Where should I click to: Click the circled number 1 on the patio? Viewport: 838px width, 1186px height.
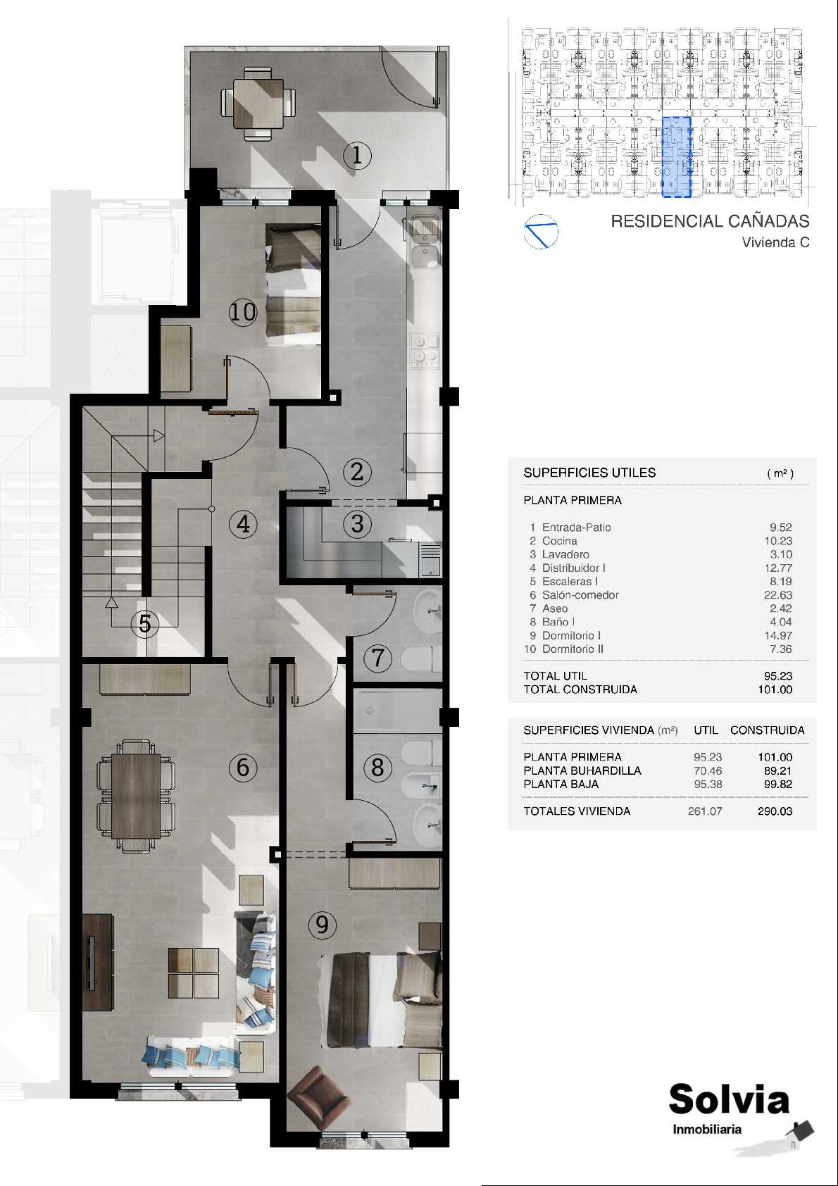357,155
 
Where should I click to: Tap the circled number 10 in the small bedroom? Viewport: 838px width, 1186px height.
243,313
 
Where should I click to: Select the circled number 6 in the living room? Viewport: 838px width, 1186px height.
243,767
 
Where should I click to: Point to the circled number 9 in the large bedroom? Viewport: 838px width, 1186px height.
322,925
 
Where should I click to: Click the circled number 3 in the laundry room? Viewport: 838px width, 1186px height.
357,524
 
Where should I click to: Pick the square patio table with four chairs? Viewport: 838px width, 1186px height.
258,104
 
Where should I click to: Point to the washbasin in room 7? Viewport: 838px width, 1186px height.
427,611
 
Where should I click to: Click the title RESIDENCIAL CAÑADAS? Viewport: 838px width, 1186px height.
710,220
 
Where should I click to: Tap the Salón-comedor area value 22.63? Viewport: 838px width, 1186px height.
777,595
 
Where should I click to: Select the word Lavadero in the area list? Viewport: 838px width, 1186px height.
565,554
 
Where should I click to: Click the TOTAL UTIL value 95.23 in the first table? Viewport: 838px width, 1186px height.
777,676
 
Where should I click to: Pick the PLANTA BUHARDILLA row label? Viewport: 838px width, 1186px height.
582,771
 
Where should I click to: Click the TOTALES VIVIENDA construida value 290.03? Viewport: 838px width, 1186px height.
775,811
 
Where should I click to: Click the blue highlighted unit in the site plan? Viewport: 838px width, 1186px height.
677,157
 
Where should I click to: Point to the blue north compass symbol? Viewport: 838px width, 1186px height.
541,232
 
